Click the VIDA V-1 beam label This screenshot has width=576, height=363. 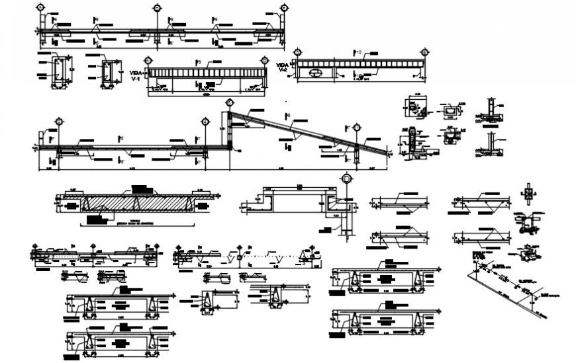pyautogui.click(x=137, y=75)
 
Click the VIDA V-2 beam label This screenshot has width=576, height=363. pyautogui.click(x=283, y=66)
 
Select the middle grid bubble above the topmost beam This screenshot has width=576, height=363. pyautogui.click(x=157, y=8)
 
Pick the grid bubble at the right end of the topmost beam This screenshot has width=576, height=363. pyautogui.click(x=284, y=8)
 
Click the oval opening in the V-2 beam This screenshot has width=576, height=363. pyautogui.click(x=316, y=73)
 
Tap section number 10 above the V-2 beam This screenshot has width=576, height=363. pyautogui.click(x=359, y=52)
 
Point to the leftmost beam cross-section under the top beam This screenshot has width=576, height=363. pyautogui.click(x=61, y=71)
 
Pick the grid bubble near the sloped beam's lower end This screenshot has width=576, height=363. pyautogui.click(x=357, y=128)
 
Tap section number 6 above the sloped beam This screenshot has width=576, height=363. pyautogui.click(x=289, y=116)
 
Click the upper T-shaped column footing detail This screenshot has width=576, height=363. pyautogui.click(x=491, y=109)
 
